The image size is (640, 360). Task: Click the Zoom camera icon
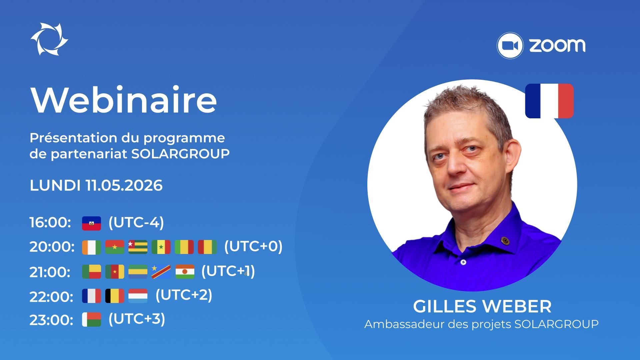510,45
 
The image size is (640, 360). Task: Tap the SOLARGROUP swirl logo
49,39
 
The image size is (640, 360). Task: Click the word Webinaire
124,100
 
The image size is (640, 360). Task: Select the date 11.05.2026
124,185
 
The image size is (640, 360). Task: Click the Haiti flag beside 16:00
91,223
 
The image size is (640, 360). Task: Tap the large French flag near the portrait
549,101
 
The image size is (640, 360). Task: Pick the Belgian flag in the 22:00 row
115,296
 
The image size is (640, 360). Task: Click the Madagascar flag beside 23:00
91,319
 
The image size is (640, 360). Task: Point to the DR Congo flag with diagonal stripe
161,272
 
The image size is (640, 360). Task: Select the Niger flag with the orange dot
185,272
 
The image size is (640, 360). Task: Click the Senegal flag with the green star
161,247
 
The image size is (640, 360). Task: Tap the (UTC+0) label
253,246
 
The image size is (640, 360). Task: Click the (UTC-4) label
136,222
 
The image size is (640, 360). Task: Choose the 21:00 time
50,272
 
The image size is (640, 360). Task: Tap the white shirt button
463,262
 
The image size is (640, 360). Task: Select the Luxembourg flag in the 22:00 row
138,296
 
